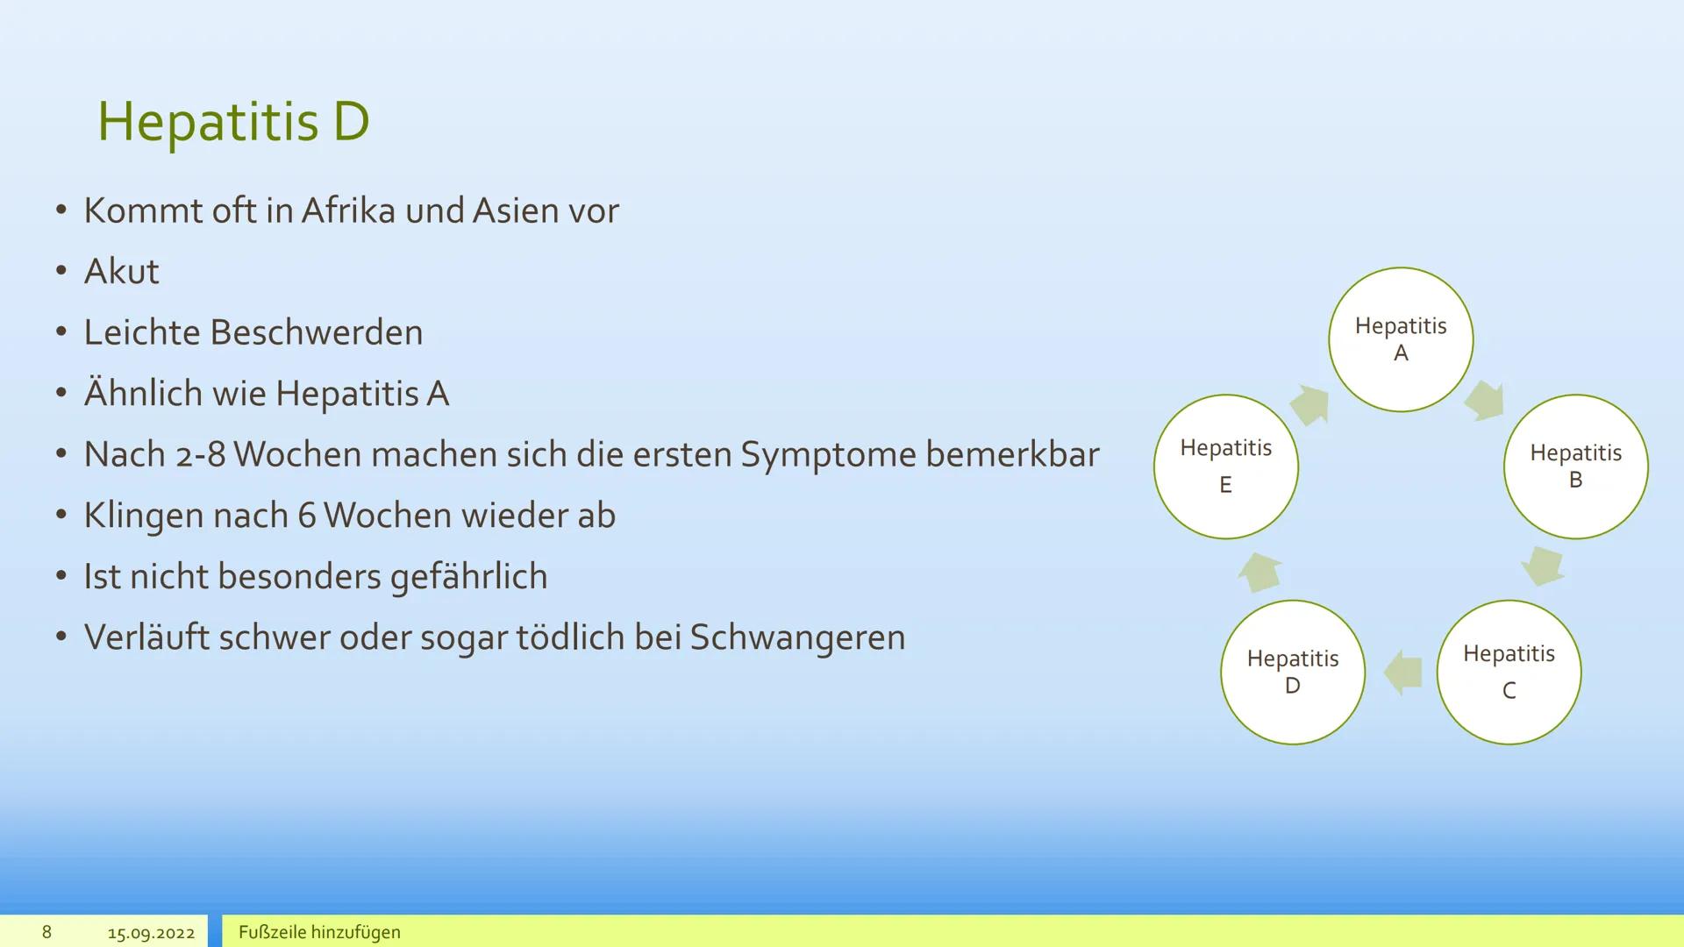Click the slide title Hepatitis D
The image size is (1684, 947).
click(x=232, y=121)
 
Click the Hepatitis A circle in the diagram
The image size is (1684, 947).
click(x=1401, y=339)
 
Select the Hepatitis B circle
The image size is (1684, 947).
click(x=1575, y=466)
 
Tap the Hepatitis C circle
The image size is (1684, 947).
click(x=1509, y=672)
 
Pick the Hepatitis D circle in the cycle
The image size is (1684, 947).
click(x=1292, y=672)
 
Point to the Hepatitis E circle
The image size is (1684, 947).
click(x=1225, y=466)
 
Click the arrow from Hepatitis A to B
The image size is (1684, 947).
click(x=1484, y=401)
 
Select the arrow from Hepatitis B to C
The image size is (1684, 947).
click(x=1543, y=566)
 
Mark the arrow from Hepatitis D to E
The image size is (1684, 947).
click(x=1259, y=572)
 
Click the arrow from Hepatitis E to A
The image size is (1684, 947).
click(x=1309, y=405)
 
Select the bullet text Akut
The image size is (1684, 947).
click(x=121, y=272)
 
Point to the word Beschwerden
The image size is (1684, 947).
click(x=316, y=332)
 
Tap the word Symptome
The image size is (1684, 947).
click(x=827, y=454)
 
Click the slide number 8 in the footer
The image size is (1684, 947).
click(x=46, y=932)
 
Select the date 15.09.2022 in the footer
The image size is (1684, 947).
click(x=151, y=933)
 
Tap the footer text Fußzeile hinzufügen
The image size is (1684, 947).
click(x=319, y=932)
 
